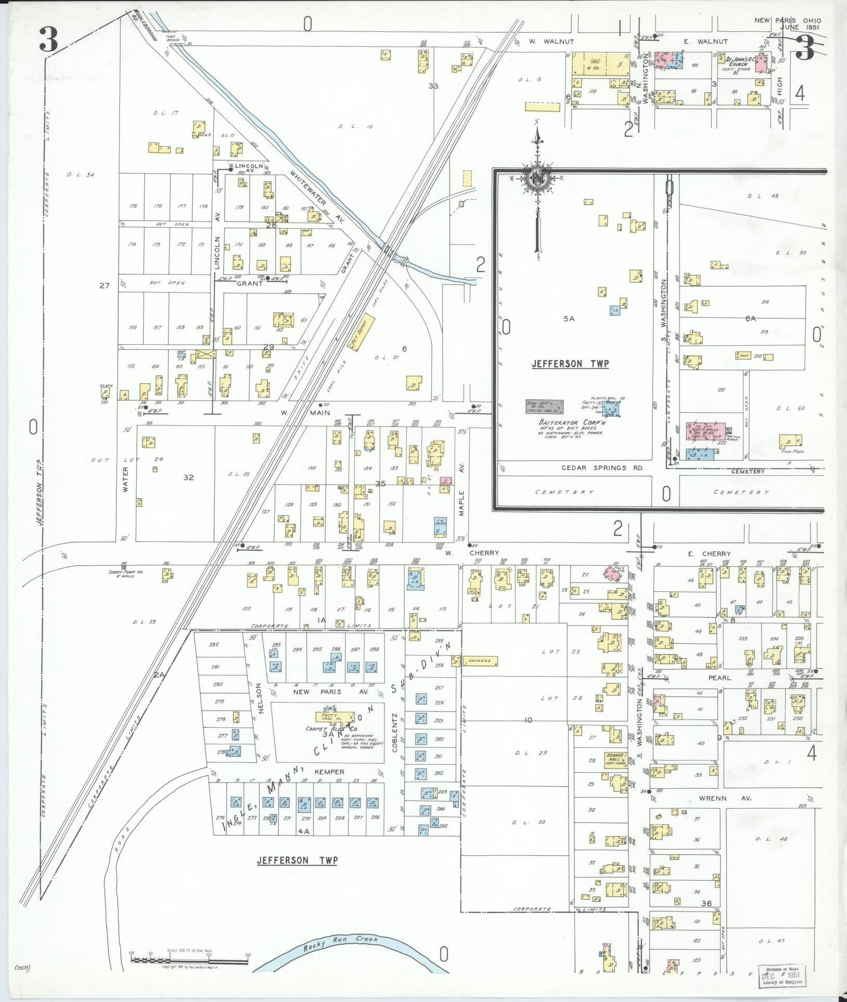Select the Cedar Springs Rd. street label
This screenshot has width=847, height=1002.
602,467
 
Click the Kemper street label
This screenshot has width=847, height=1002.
330,772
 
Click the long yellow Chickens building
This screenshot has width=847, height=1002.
479,661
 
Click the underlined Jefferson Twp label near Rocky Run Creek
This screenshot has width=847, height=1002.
297,861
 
